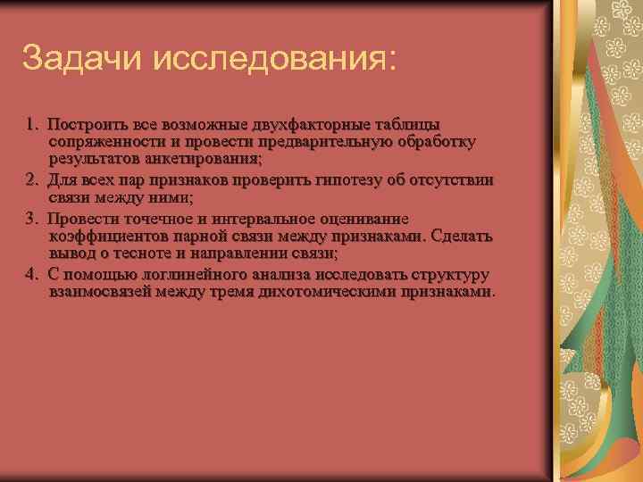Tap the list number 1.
point(32,123)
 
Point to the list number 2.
point(32,179)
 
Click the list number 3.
point(32,217)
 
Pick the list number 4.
point(32,274)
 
